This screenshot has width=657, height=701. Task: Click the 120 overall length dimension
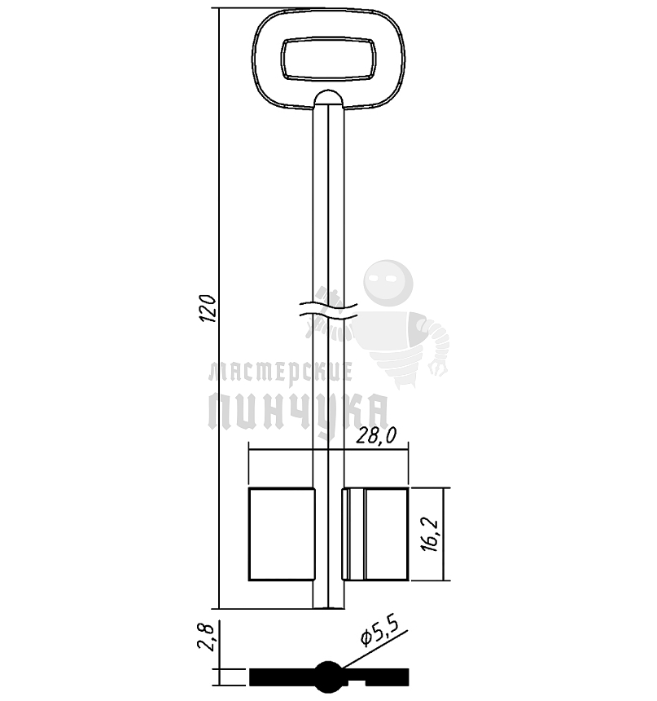[208, 308]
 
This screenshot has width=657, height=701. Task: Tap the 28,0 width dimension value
[376, 436]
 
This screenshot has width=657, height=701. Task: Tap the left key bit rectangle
[282, 534]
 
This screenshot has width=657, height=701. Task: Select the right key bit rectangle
[375, 534]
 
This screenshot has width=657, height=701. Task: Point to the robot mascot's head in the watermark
[388, 283]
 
